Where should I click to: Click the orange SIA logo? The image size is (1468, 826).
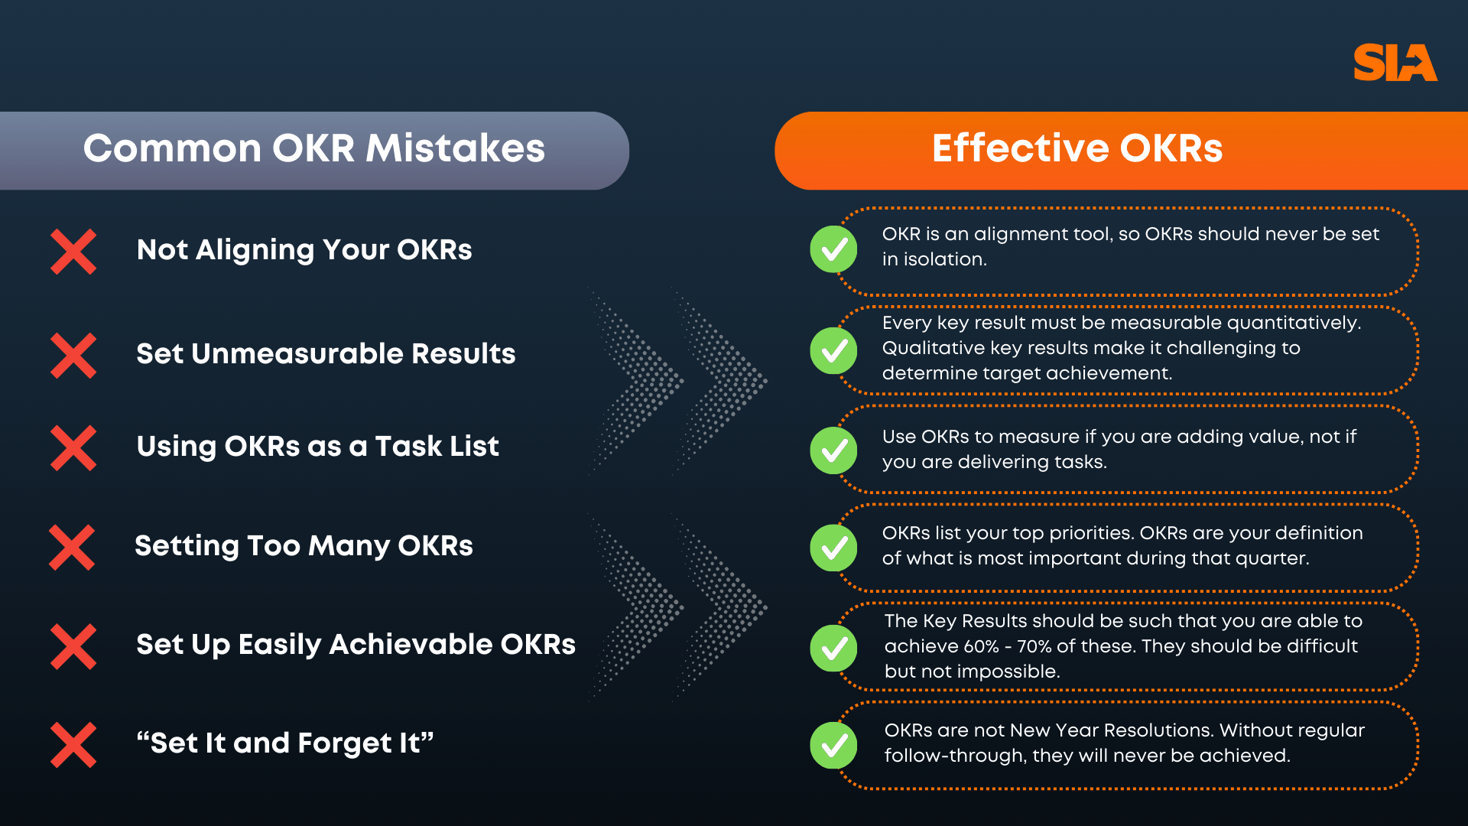coord(1395,63)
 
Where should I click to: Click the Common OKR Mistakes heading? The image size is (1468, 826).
coord(313,148)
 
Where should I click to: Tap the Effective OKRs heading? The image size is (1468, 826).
coord(1077,148)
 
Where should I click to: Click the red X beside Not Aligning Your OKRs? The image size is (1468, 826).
coord(73,251)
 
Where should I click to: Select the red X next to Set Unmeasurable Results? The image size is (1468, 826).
coord(73,355)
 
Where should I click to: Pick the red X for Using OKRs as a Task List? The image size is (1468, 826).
coord(73,447)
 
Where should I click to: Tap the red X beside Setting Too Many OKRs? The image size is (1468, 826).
coord(72,547)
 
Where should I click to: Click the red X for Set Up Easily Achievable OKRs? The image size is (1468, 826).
coord(73,646)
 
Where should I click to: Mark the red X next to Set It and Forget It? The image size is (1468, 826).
coord(73,744)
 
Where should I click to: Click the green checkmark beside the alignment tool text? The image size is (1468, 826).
coord(833,249)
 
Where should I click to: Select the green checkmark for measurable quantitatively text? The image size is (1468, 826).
coord(833,351)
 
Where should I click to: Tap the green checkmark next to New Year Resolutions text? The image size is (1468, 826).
coord(833,745)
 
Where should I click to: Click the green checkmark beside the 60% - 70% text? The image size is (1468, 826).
coord(833,648)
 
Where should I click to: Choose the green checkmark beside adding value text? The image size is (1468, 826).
coord(833,450)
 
